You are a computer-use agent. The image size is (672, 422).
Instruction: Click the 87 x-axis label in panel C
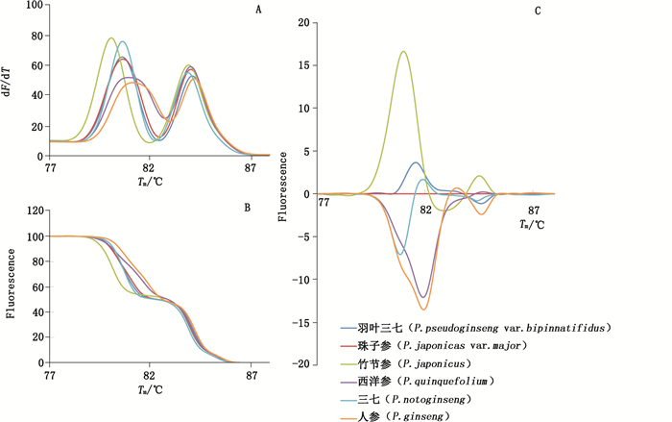tap(535, 209)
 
